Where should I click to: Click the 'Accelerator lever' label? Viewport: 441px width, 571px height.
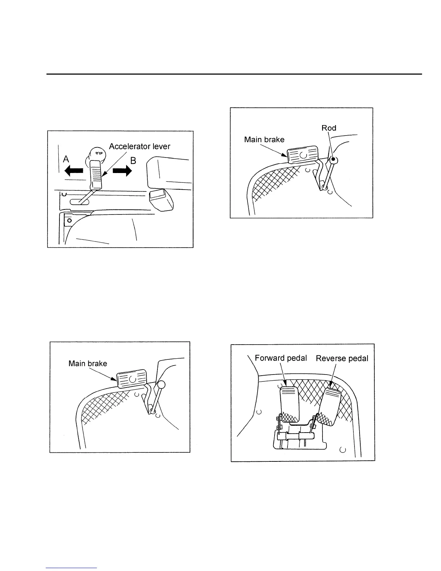pos(139,146)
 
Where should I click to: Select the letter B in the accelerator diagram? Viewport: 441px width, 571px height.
pos(133,160)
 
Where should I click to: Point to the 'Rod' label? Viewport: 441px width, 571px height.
pos(329,128)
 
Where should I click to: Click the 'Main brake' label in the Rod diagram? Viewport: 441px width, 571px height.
pos(264,140)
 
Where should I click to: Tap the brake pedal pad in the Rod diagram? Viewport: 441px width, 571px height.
pos(303,155)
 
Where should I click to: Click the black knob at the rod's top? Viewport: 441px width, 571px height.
pos(334,159)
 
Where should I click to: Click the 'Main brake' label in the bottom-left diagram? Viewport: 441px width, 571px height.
pos(88,363)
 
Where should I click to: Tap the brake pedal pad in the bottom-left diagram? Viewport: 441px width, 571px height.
pos(131,379)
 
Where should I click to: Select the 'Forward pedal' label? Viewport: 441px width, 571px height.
pos(281,358)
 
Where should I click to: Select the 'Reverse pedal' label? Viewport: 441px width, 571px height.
pos(342,359)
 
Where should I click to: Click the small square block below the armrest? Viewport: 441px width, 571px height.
pos(157,196)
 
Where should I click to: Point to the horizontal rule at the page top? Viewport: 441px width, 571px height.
pos(234,74)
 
